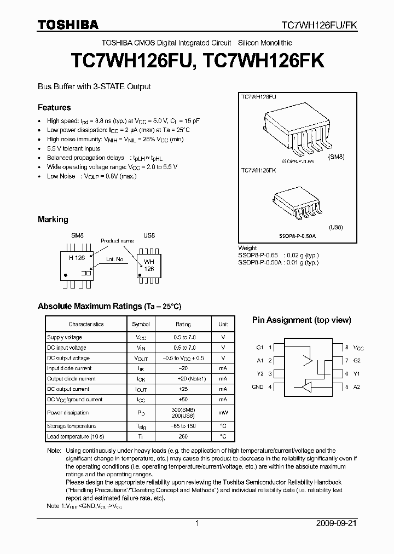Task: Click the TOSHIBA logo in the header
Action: coord(68,25)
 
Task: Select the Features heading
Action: coord(54,107)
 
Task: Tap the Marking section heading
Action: coord(53,220)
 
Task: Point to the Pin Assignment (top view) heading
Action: coord(301,320)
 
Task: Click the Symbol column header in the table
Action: coord(141,325)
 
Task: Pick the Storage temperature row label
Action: coord(71,426)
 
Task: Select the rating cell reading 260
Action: coord(183,437)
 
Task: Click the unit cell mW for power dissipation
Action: coord(223,413)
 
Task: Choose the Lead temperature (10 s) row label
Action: coord(76,437)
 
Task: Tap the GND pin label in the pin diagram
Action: coord(258,387)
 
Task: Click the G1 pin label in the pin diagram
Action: coord(260,348)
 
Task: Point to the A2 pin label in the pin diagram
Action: coord(357,387)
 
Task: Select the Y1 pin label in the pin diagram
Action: coord(357,374)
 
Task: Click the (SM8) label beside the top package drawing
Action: coord(337,157)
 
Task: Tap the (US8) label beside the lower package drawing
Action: coord(336,227)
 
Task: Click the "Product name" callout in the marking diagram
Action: coord(117,241)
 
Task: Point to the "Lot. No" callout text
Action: coord(115,259)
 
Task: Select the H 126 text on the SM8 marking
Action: coord(76,258)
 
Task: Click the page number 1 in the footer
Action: coord(197,523)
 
